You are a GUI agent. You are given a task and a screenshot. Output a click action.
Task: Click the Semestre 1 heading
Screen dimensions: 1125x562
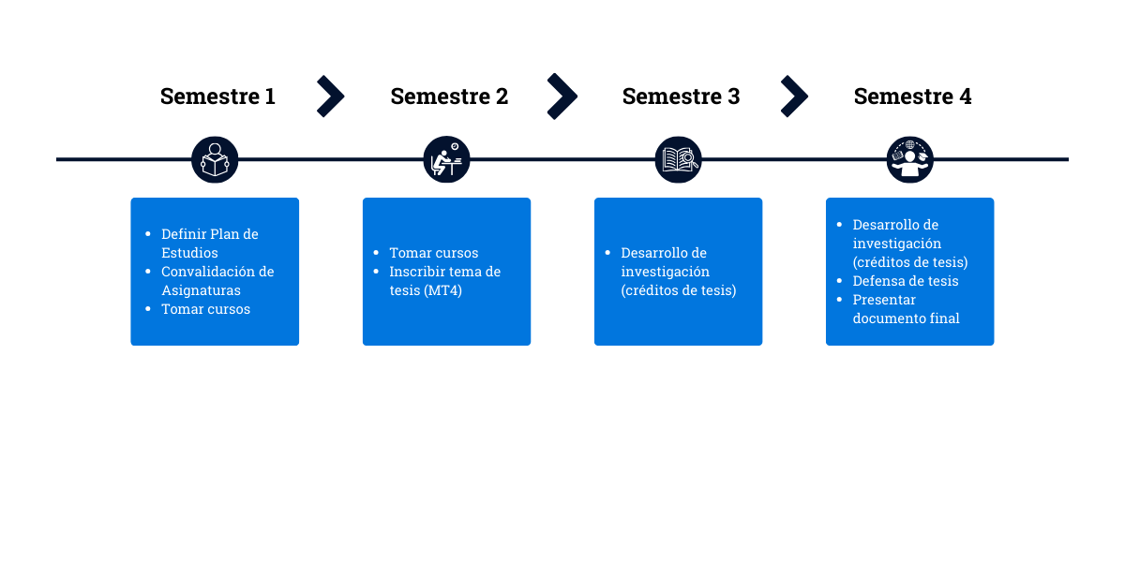[x=217, y=96]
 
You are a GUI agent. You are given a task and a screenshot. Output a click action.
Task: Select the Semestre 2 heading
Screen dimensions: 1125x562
[x=449, y=96]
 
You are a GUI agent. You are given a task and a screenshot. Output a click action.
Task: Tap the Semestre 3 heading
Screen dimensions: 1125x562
[x=681, y=96]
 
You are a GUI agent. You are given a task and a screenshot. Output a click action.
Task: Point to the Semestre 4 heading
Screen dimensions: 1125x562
[x=912, y=96]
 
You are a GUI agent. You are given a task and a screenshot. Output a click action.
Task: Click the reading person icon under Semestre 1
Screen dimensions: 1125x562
[x=215, y=159]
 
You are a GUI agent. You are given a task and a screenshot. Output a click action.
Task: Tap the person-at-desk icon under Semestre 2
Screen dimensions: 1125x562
[x=446, y=159]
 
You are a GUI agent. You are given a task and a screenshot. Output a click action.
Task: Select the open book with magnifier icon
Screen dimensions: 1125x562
[x=678, y=159]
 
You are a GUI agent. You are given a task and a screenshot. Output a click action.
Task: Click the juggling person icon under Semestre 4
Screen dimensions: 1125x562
[x=909, y=159]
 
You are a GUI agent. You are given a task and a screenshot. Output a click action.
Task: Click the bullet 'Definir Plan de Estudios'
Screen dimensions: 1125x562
[x=210, y=244]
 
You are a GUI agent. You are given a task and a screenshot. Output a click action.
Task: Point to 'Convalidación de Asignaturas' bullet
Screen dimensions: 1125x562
[x=217, y=281]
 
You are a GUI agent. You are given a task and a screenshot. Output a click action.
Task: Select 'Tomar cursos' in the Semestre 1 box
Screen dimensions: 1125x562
[x=205, y=309]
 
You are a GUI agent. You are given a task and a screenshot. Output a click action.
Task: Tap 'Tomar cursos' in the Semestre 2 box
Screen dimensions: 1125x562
[x=434, y=253]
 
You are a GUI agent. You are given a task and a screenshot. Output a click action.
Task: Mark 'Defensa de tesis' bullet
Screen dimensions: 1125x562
[x=906, y=281]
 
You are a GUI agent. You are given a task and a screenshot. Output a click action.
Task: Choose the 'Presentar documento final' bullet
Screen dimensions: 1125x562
[x=906, y=309]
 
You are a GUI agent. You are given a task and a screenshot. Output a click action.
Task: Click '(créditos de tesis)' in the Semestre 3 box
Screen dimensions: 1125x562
[x=679, y=290]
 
